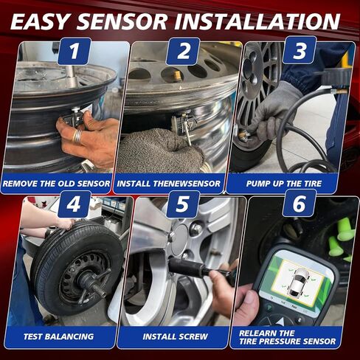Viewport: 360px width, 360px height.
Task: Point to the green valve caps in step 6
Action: click(342, 240)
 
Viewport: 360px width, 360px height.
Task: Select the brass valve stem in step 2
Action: click(178, 76)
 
